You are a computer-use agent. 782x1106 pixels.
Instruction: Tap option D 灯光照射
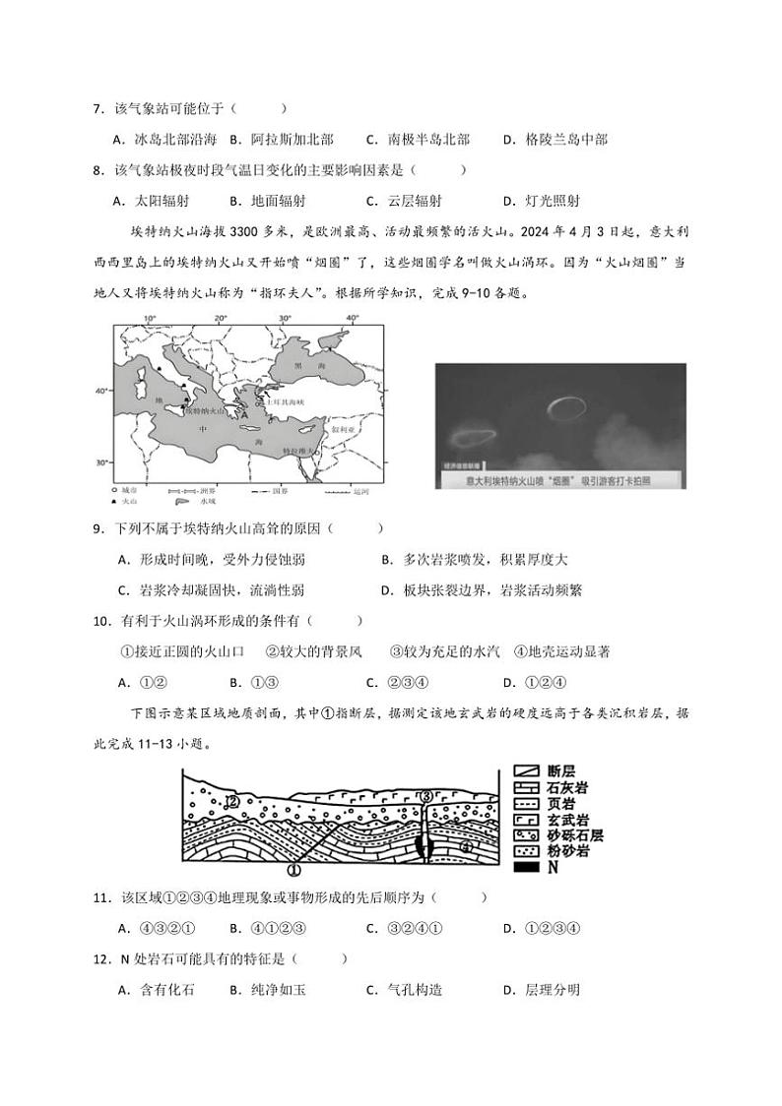(541, 201)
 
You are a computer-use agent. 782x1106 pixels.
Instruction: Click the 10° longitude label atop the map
(151, 319)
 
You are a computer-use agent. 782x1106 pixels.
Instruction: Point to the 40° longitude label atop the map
(352, 319)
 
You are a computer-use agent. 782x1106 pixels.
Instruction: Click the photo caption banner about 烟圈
(560, 480)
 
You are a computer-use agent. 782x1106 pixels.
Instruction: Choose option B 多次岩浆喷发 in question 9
(474, 560)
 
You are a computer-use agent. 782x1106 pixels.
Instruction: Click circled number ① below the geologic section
(293, 869)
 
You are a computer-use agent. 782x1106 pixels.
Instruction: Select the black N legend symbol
(528, 868)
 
